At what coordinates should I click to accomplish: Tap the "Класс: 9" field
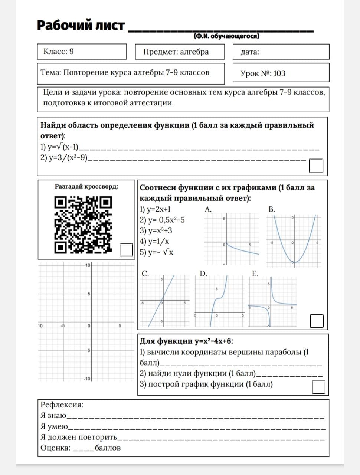(82, 52)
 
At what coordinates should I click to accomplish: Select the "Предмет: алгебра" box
(180, 52)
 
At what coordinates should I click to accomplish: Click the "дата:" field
(281, 52)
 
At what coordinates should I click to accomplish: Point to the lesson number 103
(279, 73)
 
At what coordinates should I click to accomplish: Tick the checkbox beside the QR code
(126, 249)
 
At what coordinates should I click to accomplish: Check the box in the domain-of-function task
(316, 166)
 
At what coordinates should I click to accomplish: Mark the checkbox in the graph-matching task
(317, 321)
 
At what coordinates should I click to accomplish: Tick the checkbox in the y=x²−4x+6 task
(318, 387)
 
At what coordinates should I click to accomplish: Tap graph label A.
(208, 209)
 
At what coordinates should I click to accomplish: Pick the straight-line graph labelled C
(163, 301)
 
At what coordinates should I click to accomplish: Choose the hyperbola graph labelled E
(272, 301)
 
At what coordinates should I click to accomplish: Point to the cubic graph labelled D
(219, 301)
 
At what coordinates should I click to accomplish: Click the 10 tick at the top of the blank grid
(88, 265)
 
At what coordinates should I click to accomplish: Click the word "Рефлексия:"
(62, 405)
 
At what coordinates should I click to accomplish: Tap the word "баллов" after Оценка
(108, 448)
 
